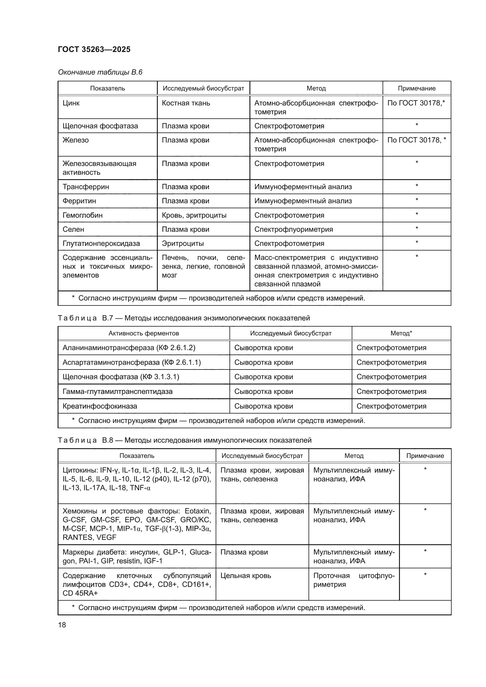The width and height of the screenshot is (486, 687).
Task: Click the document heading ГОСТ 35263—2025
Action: click(94, 49)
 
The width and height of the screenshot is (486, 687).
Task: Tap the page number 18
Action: click(62, 625)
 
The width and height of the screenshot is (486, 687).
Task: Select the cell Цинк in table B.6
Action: click(71, 103)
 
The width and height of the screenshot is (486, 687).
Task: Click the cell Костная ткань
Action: click(186, 103)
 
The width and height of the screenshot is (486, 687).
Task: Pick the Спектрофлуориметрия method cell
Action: click(293, 229)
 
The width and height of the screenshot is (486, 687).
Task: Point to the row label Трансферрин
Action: click(86, 187)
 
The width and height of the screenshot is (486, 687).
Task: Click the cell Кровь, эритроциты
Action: click(194, 215)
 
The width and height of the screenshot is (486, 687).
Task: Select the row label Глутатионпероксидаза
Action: click(101, 243)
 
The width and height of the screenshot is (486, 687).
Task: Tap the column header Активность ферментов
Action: click(144, 333)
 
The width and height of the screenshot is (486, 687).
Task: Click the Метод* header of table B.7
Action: click(401, 333)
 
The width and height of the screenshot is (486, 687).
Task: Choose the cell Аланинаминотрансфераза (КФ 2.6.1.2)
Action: click(129, 348)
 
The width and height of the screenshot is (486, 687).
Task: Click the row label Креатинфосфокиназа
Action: click(100, 406)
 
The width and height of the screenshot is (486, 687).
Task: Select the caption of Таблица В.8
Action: click(184, 440)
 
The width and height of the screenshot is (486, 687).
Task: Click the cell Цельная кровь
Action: click(245, 576)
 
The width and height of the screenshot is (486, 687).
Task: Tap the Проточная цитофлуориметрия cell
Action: click(354, 580)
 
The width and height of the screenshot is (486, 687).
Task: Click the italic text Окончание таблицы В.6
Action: click(100, 72)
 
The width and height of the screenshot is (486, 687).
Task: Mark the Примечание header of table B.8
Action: click(425, 456)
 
